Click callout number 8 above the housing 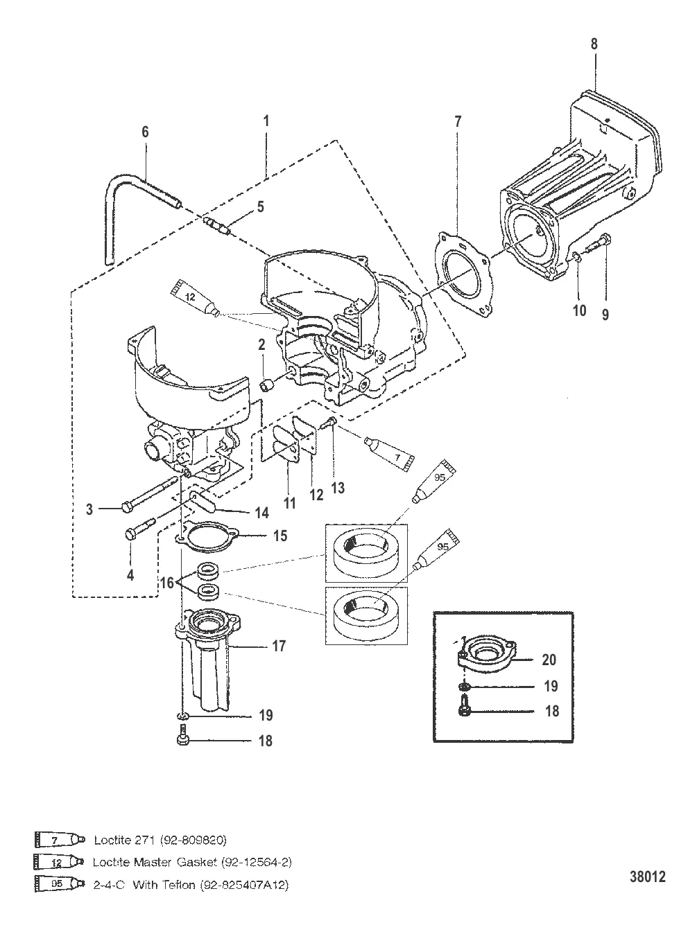click(594, 44)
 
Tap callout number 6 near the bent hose click(145, 132)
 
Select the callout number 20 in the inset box click(549, 660)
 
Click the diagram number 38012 click(647, 876)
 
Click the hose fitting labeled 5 click(216, 226)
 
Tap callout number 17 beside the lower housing click(279, 646)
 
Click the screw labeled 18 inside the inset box click(463, 710)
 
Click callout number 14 click(262, 513)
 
